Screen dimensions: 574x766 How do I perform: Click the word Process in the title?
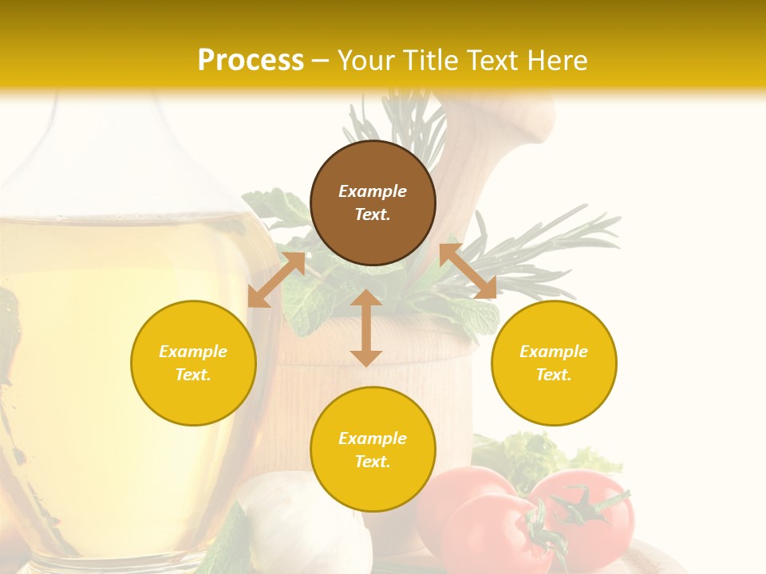(x=251, y=61)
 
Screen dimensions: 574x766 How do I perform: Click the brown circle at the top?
(x=373, y=203)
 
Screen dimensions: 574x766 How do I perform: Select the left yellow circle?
(x=193, y=363)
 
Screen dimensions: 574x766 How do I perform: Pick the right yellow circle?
(x=554, y=363)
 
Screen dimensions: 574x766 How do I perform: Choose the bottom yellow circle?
(x=373, y=449)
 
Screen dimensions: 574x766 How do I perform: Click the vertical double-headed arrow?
(x=366, y=328)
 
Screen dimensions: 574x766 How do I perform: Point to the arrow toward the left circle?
(x=276, y=280)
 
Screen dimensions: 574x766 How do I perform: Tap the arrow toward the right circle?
(x=468, y=272)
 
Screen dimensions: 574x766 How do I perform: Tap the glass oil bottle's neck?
(x=88, y=143)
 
